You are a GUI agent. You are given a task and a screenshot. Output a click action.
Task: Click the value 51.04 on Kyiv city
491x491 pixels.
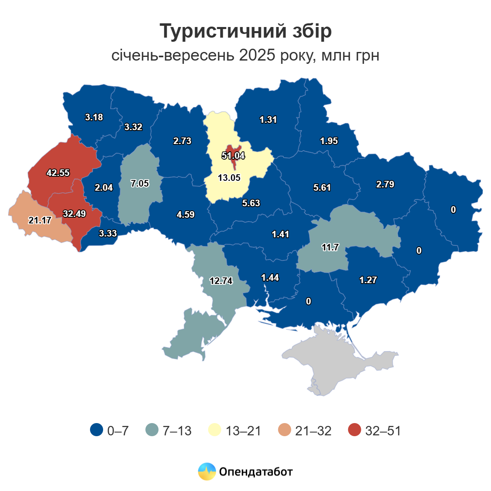[x=233, y=155]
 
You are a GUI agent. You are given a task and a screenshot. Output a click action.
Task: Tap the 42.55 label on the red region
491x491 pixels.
[x=58, y=173]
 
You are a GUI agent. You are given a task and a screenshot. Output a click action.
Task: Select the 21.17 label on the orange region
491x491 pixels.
[x=40, y=220]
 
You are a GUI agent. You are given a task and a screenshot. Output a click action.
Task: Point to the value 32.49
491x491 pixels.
[x=74, y=214]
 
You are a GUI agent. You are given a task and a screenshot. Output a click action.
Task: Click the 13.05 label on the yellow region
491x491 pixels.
[x=229, y=178]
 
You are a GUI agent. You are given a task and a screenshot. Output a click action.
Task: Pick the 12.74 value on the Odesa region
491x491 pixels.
[x=221, y=281]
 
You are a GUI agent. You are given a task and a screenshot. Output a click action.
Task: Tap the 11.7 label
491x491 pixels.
[x=330, y=247]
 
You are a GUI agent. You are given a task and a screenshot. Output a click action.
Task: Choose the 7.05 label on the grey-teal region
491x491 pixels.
[x=140, y=183]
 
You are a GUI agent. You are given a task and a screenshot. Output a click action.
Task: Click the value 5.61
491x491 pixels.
[x=322, y=187]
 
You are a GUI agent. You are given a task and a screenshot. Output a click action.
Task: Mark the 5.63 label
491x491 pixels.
[x=251, y=203]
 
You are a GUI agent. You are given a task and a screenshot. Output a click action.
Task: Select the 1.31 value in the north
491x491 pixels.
[x=268, y=119]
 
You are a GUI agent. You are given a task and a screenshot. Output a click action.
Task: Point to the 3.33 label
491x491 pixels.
[x=108, y=233]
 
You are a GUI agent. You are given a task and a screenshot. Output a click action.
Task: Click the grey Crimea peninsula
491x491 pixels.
[x=336, y=360]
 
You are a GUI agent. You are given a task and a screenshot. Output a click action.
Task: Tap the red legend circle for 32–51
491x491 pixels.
[x=355, y=430]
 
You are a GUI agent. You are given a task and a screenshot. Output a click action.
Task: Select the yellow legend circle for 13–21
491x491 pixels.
[x=215, y=430]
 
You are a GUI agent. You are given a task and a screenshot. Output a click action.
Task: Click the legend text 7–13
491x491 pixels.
[x=177, y=430]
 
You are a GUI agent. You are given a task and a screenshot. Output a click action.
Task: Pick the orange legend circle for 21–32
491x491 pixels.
[x=284, y=430]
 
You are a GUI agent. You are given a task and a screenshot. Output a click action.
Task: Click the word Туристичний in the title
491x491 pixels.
[x=216, y=32]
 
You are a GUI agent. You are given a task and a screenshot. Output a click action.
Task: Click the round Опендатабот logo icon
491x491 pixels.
[x=207, y=471]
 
